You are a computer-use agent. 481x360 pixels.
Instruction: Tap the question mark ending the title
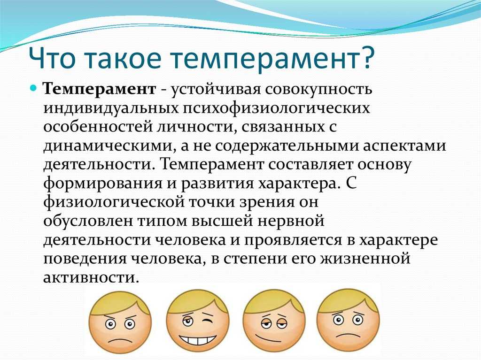tap(365, 57)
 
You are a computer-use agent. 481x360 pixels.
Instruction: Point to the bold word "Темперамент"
tap(100, 89)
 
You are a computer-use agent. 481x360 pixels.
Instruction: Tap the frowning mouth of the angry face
tap(120, 340)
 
